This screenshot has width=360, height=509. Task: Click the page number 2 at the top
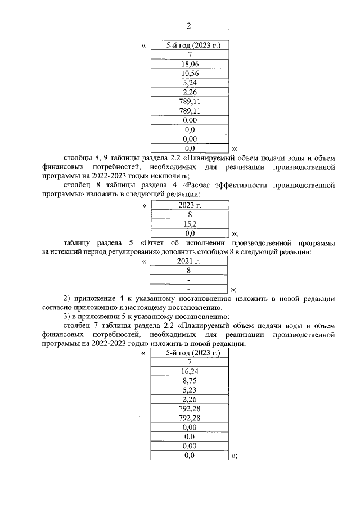point(188,26)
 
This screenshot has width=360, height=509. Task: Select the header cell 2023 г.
point(190,205)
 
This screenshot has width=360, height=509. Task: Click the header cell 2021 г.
point(190,262)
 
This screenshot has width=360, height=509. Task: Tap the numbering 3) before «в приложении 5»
point(69,316)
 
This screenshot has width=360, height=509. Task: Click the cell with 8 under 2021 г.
point(190,271)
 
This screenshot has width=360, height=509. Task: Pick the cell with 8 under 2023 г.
point(190,214)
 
